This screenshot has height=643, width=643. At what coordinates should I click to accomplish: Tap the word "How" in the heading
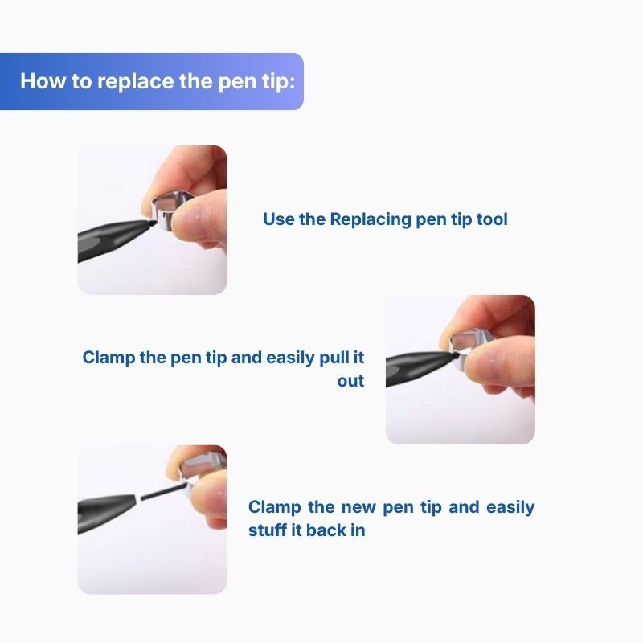(43, 81)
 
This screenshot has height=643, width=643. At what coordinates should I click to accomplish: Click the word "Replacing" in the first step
(371, 219)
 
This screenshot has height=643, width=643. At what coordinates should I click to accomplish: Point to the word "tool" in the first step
(492, 219)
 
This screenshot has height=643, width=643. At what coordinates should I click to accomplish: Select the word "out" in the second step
(350, 381)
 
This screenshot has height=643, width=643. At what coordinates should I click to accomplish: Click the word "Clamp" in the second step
(109, 358)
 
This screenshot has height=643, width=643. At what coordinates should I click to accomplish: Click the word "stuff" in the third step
(267, 530)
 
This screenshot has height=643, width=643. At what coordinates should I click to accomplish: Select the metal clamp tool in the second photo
(472, 346)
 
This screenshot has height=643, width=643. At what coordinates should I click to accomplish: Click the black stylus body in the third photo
(107, 510)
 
